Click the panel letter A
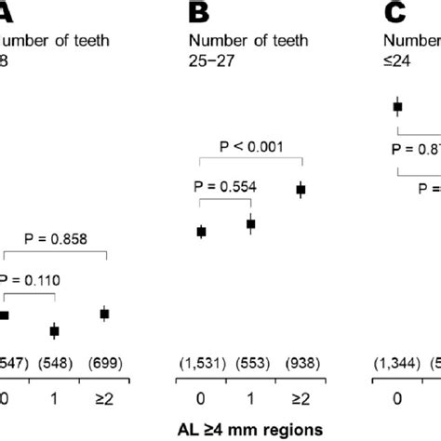pos(7,12)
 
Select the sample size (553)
pos(250,359)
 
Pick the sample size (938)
pos(300,359)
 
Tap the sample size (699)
pos(104,359)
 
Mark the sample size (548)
pos(55,359)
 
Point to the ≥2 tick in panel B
pos(300,397)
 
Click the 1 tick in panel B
pos(250,397)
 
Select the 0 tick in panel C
pos(398,397)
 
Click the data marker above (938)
pos(301,190)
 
